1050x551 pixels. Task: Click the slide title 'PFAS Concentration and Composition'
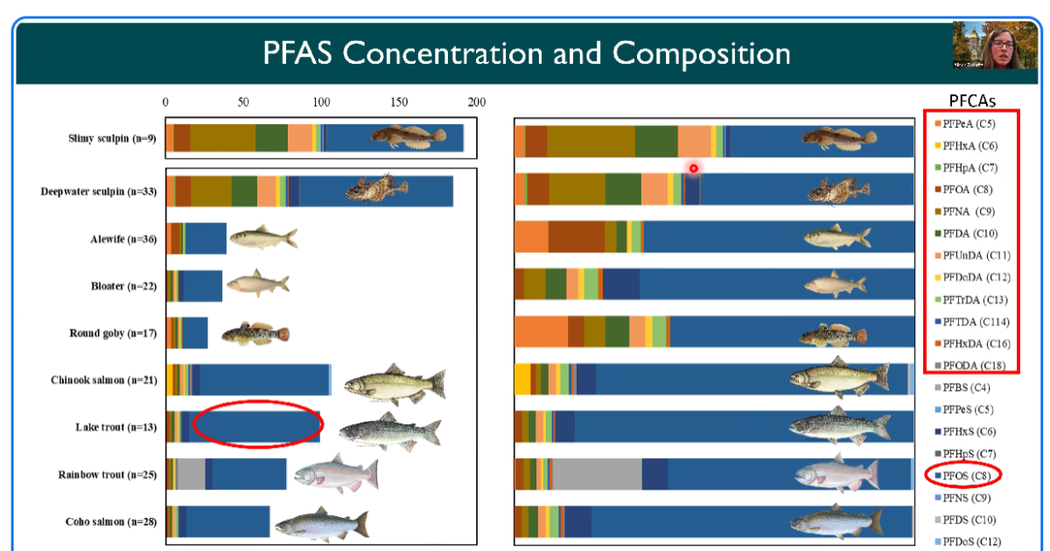tap(527, 53)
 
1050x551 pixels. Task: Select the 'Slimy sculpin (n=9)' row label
tap(112, 138)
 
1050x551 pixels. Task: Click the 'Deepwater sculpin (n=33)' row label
tap(98, 191)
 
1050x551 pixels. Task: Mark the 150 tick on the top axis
tap(399, 102)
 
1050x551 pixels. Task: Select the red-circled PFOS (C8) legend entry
tap(963, 476)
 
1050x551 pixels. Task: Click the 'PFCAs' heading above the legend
tap(972, 100)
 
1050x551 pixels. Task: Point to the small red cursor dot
tap(693, 168)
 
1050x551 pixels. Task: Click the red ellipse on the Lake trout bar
tap(257, 425)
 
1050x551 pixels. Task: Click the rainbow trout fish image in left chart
tap(335, 475)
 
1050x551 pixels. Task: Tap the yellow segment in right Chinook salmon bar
tap(522, 379)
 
